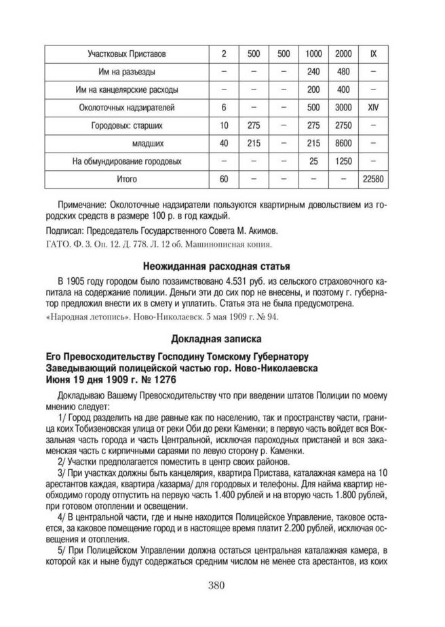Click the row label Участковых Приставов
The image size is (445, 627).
coord(127,53)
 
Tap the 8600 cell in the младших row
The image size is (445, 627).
coord(343,144)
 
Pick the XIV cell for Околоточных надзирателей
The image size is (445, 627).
coord(373,107)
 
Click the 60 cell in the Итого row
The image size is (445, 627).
coord(224,180)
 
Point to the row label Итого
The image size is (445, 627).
coord(127,180)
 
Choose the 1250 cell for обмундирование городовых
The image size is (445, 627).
coord(343,161)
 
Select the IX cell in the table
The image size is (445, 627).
coord(373,53)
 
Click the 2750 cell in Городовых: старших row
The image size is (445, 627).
coord(343,125)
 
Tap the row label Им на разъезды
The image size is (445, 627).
coord(127,71)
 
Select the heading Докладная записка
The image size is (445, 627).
coord(221,337)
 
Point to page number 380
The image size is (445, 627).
coord(222,585)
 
